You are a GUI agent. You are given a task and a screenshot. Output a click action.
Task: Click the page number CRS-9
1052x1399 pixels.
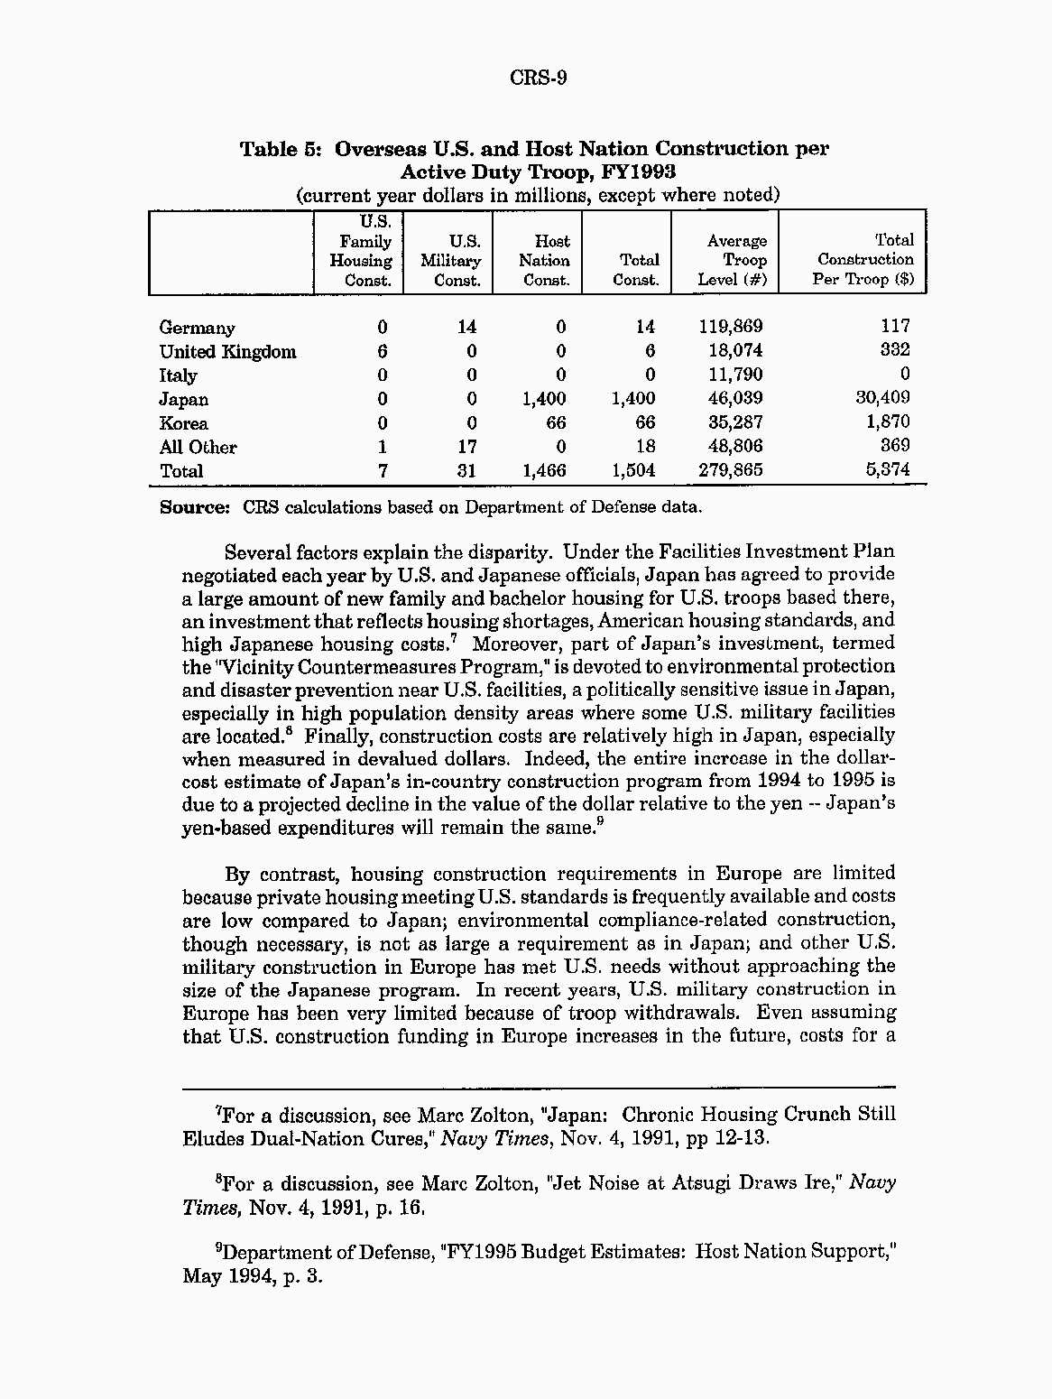tap(538, 78)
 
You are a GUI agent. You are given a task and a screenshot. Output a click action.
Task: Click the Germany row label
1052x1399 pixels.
tap(197, 328)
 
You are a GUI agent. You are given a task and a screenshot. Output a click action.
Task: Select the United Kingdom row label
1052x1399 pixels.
tap(227, 352)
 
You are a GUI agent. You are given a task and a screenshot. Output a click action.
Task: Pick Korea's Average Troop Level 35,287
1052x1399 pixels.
tap(734, 422)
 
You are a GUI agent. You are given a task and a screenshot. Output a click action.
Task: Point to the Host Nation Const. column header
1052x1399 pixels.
tap(545, 260)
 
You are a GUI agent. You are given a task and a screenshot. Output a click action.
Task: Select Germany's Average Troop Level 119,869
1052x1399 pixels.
tap(730, 327)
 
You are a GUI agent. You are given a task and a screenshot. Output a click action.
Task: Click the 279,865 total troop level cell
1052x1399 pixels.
tap(730, 470)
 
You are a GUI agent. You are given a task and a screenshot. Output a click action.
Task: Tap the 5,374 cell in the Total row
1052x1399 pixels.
tap(888, 469)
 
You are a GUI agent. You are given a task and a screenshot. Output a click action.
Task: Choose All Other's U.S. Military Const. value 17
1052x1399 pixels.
tap(466, 447)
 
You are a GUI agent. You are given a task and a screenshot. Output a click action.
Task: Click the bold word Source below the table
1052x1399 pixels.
tap(194, 507)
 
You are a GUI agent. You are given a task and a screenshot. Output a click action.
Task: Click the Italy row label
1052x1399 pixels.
tap(178, 375)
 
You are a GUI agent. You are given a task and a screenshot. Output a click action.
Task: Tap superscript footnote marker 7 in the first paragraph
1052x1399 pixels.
tap(454, 639)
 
